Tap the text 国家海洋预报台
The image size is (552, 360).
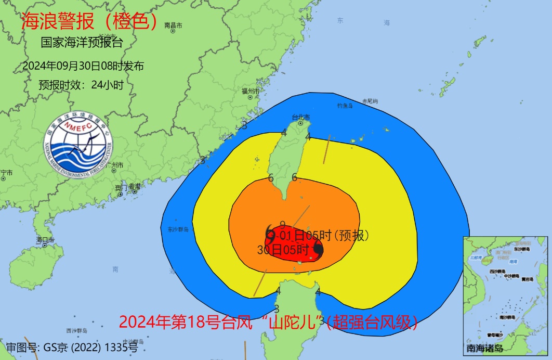coord(82,43)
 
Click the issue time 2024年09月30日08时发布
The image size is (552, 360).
coord(83,66)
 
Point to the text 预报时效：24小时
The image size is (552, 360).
coord(81,85)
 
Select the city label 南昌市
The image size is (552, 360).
coord(174,25)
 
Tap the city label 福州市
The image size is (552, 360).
coord(250,91)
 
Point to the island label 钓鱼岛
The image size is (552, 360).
coord(345,106)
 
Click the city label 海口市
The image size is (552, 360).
coord(45,240)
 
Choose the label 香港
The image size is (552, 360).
coord(135,186)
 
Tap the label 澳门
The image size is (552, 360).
coord(121,187)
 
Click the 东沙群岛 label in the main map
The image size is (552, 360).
coord(178,229)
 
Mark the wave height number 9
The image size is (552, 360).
coord(282,225)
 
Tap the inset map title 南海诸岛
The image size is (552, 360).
coord(484,348)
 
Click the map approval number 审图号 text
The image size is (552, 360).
coord(72,347)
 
